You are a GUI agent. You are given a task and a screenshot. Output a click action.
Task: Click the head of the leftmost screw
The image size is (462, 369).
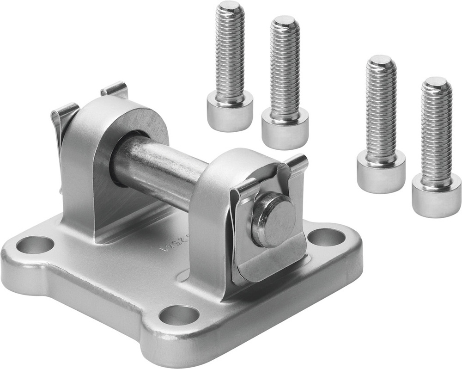[230, 110]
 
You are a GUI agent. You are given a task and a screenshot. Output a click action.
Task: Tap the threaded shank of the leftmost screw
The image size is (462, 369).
[230, 51]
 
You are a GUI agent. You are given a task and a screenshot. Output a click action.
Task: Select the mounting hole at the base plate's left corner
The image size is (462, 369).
[35, 245]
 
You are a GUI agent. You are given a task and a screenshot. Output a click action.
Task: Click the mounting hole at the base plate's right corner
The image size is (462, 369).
[326, 237]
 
